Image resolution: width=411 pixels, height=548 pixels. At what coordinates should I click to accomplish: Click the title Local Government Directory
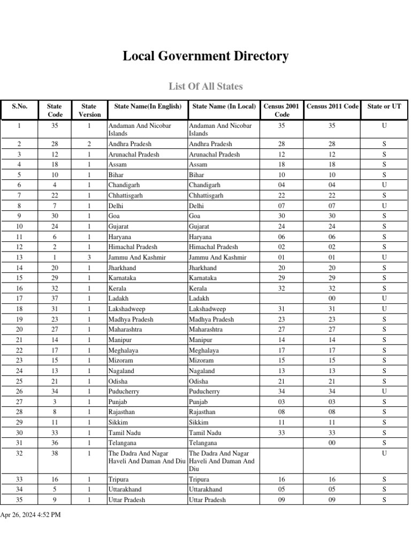[x=205, y=56]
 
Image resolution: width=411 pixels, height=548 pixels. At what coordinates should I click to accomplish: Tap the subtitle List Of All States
[x=205, y=86]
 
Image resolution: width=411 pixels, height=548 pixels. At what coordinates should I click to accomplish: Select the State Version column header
[x=89, y=110]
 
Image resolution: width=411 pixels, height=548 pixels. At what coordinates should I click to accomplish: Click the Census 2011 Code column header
[x=332, y=106]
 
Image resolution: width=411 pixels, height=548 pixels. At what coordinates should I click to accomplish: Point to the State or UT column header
[x=384, y=106]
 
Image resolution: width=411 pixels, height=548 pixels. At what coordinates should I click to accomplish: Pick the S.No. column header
[x=19, y=106]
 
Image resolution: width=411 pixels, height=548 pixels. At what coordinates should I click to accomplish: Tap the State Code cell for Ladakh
[x=55, y=299]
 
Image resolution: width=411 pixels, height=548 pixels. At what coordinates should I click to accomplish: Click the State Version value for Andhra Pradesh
[x=89, y=144]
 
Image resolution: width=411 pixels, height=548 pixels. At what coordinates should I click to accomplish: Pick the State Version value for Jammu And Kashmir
[x=89, y=257]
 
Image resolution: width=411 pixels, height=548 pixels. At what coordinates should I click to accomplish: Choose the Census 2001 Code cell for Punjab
[x=281, y=402]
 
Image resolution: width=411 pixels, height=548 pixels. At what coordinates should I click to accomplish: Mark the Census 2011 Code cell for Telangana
[x=332, y=443]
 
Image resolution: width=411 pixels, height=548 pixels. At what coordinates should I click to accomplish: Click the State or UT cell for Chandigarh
[x=384, y=185]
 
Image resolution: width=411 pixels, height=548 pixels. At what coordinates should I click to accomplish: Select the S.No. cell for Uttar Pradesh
[x=19, y=500]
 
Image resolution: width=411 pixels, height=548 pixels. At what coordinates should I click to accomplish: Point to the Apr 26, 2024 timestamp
[x=31, y=515]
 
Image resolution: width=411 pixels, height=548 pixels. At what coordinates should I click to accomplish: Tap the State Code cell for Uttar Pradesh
[x=55, y=500]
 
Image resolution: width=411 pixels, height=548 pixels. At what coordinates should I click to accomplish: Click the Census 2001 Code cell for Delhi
[x=281, y=206]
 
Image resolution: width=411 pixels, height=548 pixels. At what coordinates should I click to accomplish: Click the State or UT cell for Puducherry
[x=384, y=392]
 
